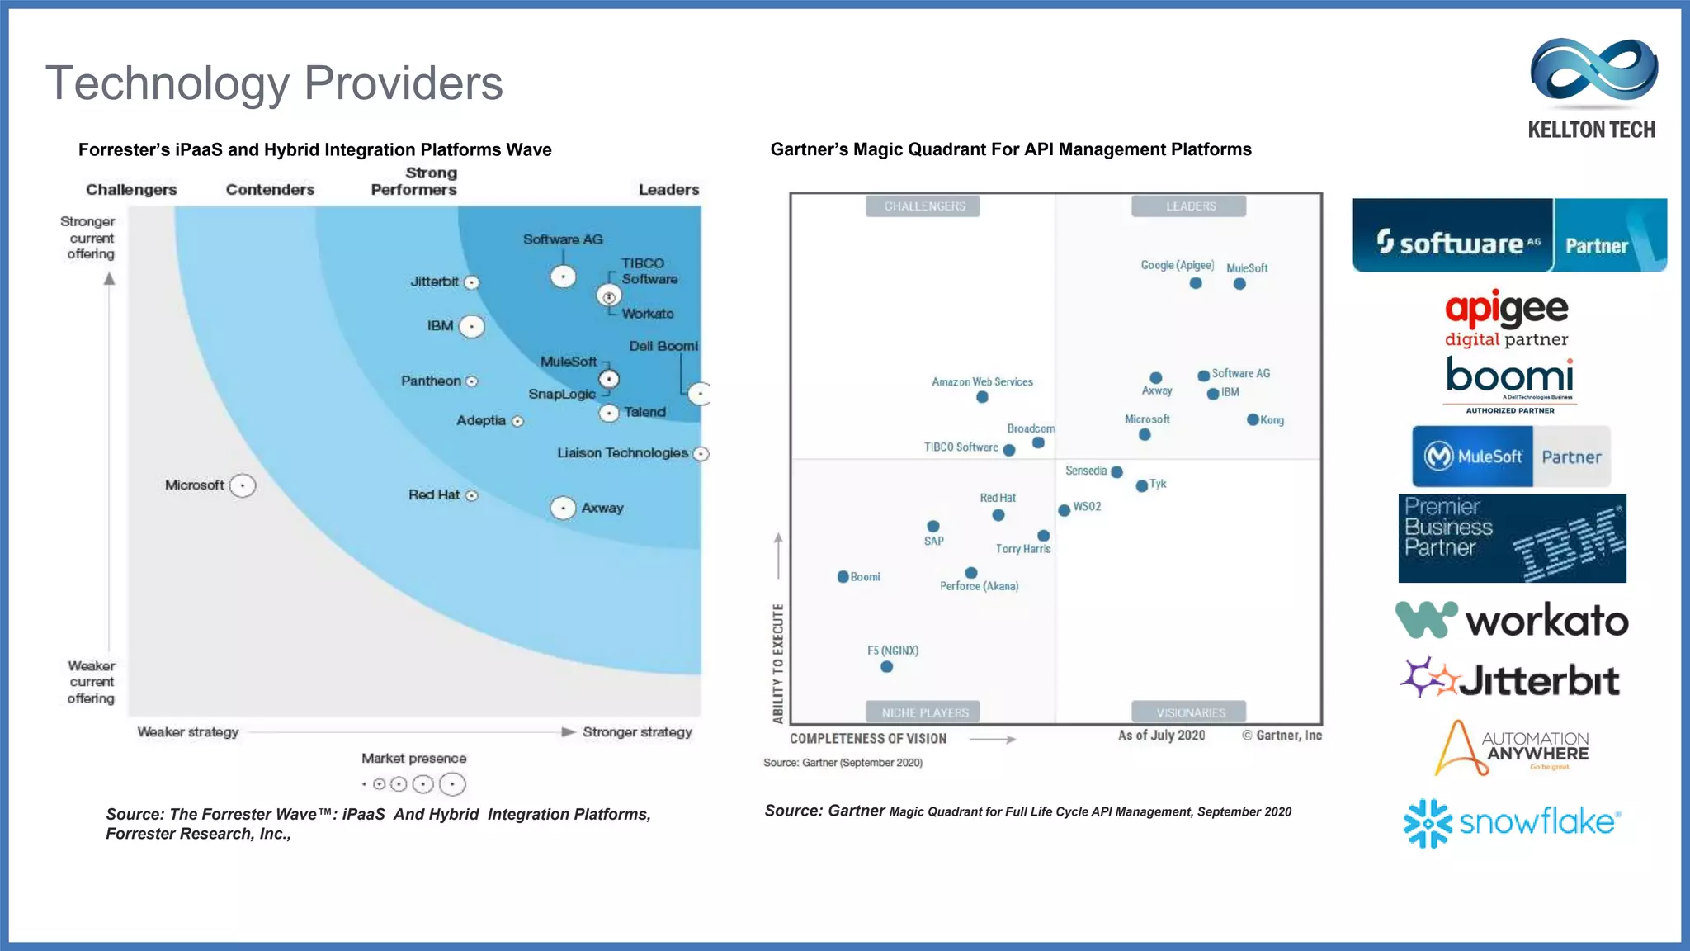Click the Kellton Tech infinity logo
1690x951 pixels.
point(1593,72)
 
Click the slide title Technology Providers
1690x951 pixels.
point(274,83)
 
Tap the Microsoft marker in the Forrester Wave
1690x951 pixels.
point(243,485)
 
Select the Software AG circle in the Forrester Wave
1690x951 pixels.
point(563,277)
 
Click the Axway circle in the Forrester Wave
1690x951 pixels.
point(563,508)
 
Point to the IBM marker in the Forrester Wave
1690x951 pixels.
point(471,327)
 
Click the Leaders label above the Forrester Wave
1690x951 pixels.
point(668,190)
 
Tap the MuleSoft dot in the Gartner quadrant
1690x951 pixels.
point(1239,284)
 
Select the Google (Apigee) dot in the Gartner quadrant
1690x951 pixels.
point(1196,283)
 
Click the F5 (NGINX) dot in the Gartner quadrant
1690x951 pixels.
point(886,666)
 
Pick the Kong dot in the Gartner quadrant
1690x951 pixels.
point(1253,419)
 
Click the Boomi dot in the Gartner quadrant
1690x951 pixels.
point(843,576)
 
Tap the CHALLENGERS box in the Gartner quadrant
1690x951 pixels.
point(923,206)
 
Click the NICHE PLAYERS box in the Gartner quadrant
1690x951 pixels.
point(923,712)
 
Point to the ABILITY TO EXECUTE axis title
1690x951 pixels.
point(777,664)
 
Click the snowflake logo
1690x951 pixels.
point(1512,823)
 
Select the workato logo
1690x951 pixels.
point(1512,620)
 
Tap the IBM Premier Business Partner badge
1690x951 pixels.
point(1512,538)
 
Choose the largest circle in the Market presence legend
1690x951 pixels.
point(452,784)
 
